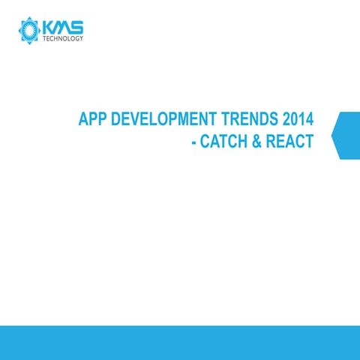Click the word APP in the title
point(94,120)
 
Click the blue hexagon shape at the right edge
point(347,136)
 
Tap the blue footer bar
point(180,343)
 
